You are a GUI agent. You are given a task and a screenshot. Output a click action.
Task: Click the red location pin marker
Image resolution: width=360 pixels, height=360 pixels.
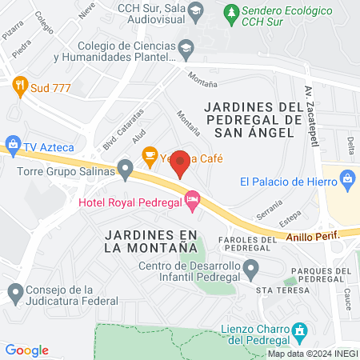coord(181,163)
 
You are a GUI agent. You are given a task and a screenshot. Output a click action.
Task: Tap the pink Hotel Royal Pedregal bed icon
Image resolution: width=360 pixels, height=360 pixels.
coord(192,200)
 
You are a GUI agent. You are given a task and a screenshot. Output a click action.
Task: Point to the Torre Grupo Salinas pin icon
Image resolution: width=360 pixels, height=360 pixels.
coord(125,169)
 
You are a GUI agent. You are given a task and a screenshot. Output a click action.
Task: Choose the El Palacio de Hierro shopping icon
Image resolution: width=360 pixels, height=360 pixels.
coord(347,179)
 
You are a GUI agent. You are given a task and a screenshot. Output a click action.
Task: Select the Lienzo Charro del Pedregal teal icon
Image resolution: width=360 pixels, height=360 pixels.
coord(300,330)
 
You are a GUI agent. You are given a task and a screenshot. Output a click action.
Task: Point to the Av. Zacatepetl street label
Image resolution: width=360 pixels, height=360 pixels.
coord(309,115)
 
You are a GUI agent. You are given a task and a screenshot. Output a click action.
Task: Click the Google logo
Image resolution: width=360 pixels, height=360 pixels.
coord(27,350)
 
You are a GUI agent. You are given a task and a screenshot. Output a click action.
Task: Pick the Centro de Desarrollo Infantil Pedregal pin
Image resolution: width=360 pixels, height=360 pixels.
coord(254,274)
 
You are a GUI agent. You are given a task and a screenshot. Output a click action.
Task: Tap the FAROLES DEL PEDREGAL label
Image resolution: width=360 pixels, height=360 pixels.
coord(239,243)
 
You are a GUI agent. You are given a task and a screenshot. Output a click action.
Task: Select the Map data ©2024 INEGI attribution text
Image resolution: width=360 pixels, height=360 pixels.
coord(312,354)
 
